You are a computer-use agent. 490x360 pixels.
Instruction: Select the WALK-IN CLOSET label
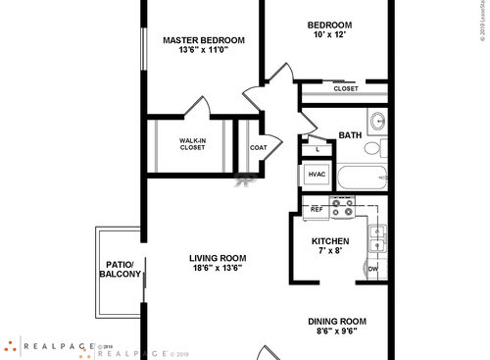click(192, 143)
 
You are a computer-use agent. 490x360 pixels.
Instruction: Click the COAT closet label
click(259, 147)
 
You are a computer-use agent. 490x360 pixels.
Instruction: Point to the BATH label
click(350, 134)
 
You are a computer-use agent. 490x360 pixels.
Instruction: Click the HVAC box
click(317, 175)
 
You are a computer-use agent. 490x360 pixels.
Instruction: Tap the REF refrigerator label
click(317, 210)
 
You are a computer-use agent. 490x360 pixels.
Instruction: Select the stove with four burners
click(342, 209)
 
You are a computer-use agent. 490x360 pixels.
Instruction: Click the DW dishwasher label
click(373, 269)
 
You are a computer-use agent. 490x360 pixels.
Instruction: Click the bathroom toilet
click(373, 149)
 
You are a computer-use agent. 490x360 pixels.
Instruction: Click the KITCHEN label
click(330, 240)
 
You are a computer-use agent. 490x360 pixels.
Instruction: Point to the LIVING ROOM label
click(218, 259)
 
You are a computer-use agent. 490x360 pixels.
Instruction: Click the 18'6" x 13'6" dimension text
click(218, 270)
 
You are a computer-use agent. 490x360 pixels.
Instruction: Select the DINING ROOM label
click(337, 321)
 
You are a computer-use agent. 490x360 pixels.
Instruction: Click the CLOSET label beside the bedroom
click(345, 88)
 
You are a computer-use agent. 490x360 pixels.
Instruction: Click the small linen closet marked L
click(317, 149)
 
